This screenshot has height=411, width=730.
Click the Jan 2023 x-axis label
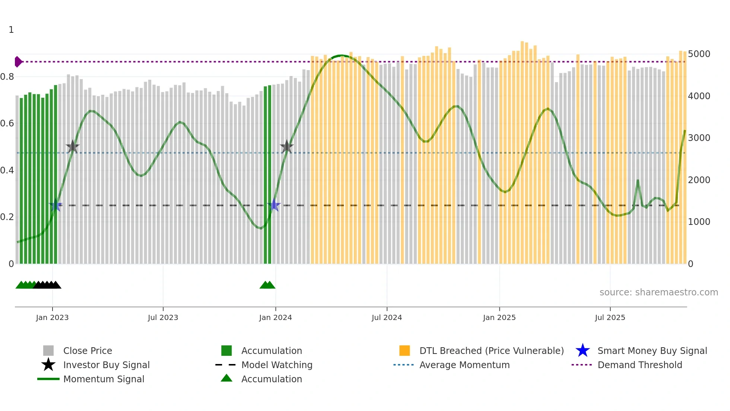[x=52, y=317]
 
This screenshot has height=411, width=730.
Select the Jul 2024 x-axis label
[x=387, y=317]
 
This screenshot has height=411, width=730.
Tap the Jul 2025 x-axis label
[x=610, y=317]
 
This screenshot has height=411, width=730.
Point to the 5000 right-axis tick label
[x=699, y=54]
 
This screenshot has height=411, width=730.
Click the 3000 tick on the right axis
[x=699, y=138]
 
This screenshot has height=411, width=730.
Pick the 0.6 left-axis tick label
[x=7, y=123]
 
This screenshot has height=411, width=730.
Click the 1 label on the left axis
[x=11, y=30]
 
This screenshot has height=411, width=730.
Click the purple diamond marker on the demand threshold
[x=18, y=62]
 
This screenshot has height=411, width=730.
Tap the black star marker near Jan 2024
[x=286, y=147]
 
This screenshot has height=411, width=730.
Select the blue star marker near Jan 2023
[x=55, y=205]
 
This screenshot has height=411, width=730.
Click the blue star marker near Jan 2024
[x=274, y=205]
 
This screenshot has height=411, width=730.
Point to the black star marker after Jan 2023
[x=73, y=147]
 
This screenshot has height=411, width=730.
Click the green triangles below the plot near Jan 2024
[x=267, y=285]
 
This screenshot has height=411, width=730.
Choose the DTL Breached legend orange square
[x=404, y=351]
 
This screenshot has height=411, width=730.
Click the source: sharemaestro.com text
[x=658, y=292]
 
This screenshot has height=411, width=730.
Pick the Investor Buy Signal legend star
[x=48, y=365]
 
